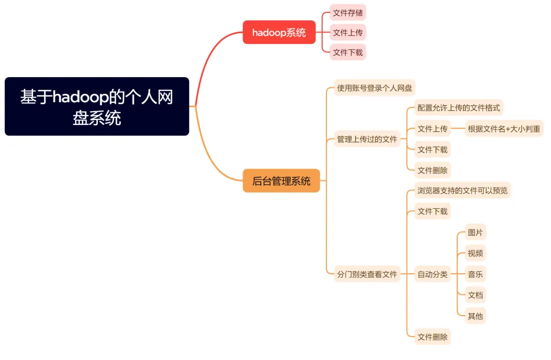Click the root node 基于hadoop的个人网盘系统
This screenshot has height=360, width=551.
coord(97,106)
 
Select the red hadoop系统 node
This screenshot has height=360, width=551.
coord(279,32)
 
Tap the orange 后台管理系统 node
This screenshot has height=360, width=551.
coord(281,181)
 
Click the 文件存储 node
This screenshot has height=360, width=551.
coord(347,13)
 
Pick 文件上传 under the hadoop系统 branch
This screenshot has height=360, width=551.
coord(347,32)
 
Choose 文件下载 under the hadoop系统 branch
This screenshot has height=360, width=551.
coord(347,52)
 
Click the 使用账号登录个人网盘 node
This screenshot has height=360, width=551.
coord(374,87)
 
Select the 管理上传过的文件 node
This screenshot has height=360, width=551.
coord(367,139)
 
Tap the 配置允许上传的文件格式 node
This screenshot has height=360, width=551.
coord(459,108)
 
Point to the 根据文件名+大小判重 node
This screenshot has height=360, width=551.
coord(504,129)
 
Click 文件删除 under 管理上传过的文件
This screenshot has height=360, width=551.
coord(432,170)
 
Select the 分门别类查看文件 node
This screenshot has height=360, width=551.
coord(367,274)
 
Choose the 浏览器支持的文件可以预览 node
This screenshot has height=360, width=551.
coord(462,190)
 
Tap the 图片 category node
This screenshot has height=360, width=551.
coord(475,233)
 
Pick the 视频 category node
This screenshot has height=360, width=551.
coord(475,253)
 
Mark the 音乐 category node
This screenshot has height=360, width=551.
coord(475,274)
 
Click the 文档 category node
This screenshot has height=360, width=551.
coord(475,295)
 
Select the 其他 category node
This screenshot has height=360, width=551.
coord(475,316)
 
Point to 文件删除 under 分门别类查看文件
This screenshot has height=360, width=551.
coord(432,337)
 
